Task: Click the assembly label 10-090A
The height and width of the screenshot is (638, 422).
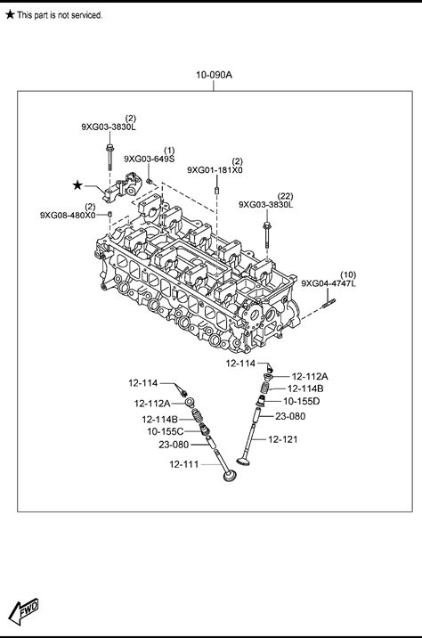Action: (214, 75)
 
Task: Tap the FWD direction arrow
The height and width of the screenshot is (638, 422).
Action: (24, 610)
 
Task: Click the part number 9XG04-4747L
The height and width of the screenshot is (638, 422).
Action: (329, 283)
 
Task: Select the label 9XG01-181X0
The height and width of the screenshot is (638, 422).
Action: (215, 170)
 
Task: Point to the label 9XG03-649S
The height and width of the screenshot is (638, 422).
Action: (150, 159)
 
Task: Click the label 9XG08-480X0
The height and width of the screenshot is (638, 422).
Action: (68, 216)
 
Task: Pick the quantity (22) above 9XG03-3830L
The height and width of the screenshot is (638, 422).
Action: (285, 197)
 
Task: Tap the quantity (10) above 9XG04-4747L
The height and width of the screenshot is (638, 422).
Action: (347, 274)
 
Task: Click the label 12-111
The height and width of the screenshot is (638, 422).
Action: (184, 464)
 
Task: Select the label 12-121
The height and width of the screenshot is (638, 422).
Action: (283, 439)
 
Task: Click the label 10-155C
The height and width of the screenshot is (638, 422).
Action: (166, 431)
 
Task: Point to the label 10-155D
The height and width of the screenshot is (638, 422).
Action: (302, 402)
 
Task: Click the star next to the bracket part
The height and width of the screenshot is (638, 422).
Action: (77, 185)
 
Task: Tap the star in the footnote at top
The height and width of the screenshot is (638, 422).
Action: (10, 14)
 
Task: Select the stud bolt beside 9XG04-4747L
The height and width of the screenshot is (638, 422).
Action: (329, 303)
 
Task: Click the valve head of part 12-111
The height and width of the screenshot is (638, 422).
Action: (230, 475)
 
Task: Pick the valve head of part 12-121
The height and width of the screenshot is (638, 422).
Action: (243, 461)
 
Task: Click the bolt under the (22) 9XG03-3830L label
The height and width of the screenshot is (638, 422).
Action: (267, 234)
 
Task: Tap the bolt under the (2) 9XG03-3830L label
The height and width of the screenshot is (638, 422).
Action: (109, 157)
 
